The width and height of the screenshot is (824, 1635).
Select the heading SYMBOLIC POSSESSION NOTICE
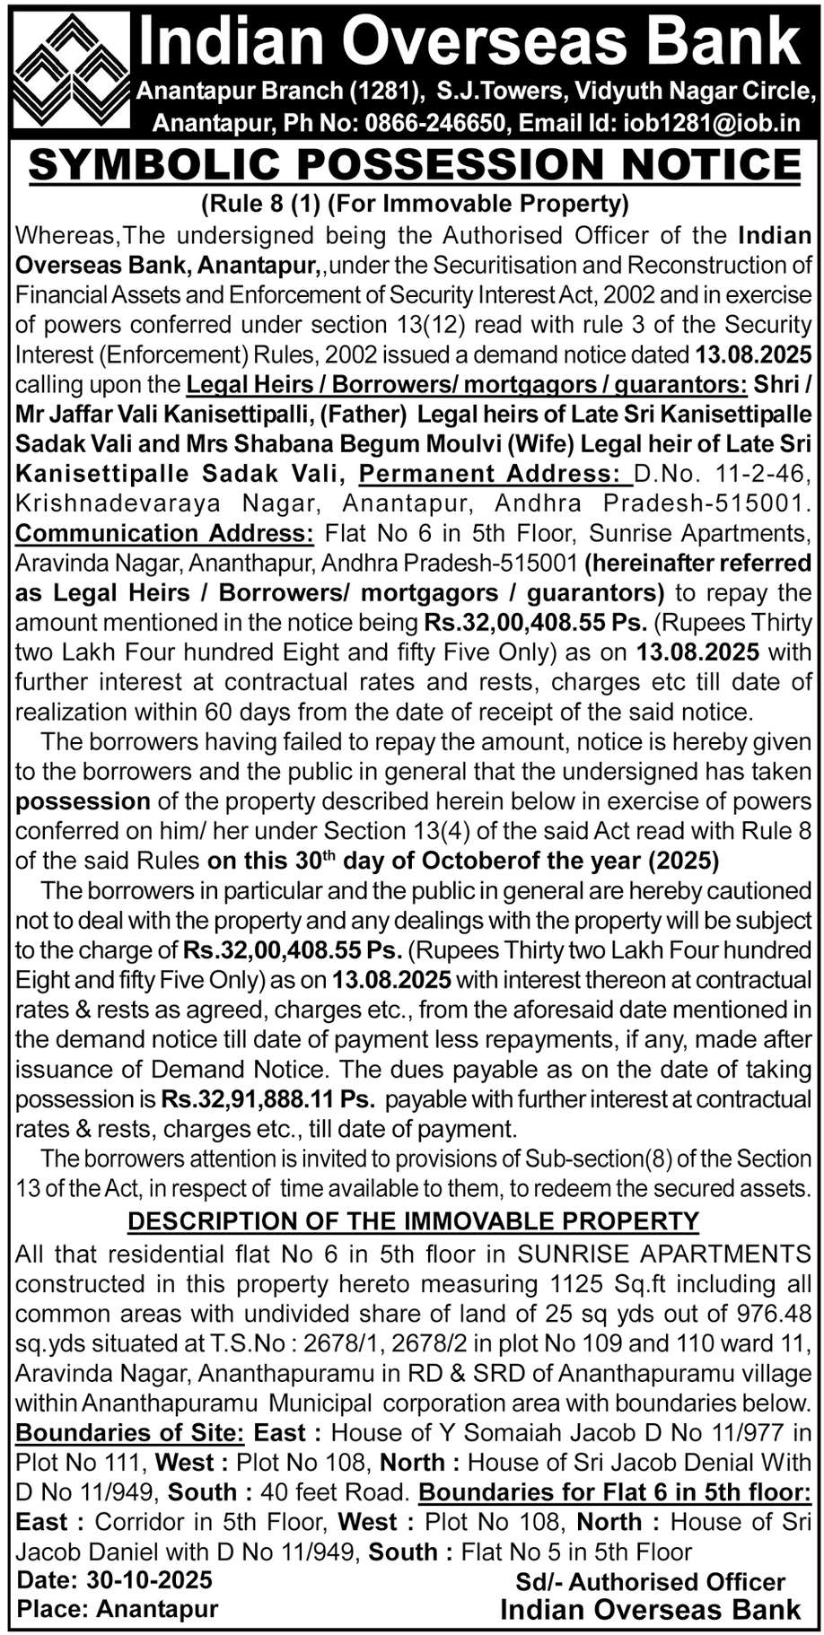pyautogui.click(x=414, y=164)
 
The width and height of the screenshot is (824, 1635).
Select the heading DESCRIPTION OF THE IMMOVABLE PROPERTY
pyautogui.click(x=414, y=1220)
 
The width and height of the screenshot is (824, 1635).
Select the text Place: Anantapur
pyautogui.click(x=118, y=1609)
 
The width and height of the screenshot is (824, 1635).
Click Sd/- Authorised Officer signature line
pyautogui.click(x=651, y=1582)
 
